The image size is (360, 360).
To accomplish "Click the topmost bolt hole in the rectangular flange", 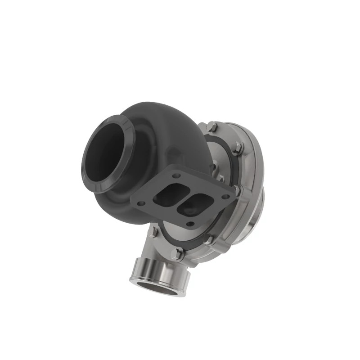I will tap(176, 175).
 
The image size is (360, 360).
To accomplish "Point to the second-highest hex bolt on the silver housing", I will tap(237, 148).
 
